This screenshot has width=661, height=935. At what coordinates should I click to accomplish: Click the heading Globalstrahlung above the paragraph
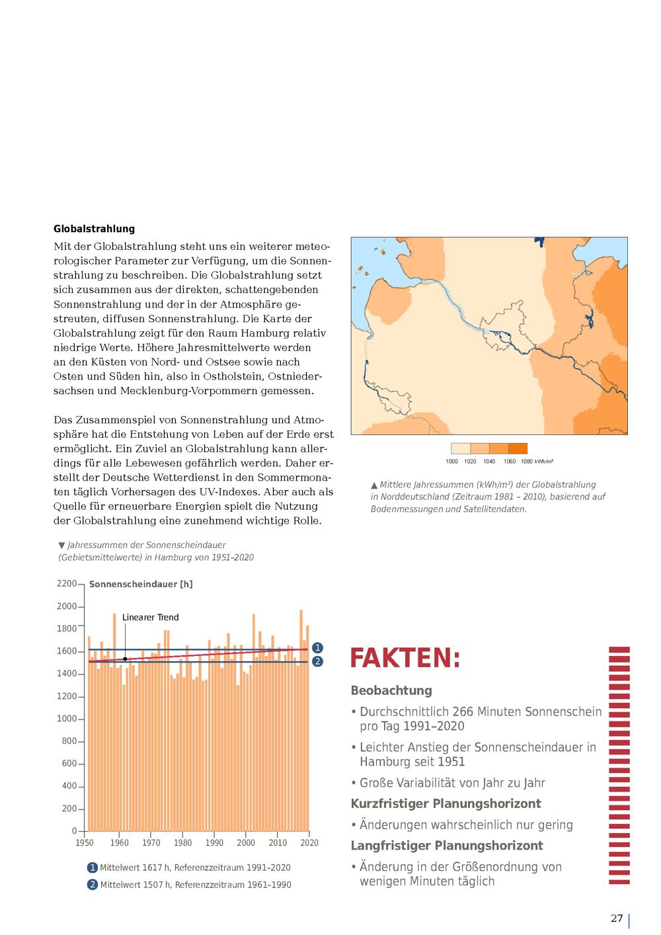click(x=94, y=229)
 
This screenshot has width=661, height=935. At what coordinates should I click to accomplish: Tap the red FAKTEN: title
click(x=405, y=659)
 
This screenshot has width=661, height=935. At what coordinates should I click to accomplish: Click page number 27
click(x=616, y=918)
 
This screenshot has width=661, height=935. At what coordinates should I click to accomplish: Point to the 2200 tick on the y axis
click(x=67, y=584)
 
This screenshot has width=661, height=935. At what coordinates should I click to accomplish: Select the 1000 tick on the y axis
click(x=67, y=719)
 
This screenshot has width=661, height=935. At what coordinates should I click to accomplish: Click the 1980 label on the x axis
click(x=182, y=843)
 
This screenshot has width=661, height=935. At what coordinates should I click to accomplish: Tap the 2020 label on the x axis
click(x=309, y=843)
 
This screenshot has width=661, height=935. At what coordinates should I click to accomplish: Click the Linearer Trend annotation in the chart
click(x=150, y=618)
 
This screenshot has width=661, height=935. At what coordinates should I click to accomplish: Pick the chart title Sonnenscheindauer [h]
click(x=141, y=585)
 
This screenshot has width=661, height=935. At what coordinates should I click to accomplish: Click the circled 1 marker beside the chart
click(x=317, y=648)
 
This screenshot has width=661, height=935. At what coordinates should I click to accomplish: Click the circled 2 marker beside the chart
click(x=317, y=661)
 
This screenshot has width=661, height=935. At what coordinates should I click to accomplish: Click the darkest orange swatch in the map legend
click(x=518, y=448)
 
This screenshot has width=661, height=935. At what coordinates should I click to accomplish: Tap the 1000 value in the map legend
click(x=451, y=462)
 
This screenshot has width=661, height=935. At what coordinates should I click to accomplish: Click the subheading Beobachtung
click(x=391, y=690)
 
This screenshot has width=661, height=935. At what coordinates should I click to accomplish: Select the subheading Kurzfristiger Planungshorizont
click(x=446, y=803)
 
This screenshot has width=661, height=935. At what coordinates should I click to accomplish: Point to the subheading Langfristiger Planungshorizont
click(x=447, y=846)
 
